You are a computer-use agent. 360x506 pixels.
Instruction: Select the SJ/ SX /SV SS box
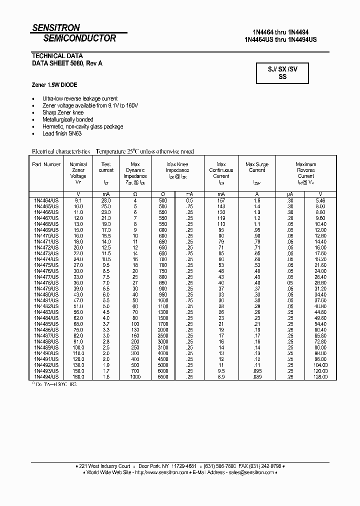tap(282, 73)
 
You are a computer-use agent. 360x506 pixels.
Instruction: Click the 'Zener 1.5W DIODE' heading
tap(54, 85)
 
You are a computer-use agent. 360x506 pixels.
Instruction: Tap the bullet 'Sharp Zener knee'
tap(63, 113)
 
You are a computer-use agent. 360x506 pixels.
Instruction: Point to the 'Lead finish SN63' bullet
tap(62, 134)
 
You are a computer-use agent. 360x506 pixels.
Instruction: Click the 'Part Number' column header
tap(46, 164)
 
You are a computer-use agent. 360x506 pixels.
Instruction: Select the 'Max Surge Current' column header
tap(257, 167)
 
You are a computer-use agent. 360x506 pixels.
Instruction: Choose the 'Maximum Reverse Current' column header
tap(305, 170)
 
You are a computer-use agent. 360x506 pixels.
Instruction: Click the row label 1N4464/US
tap(46, 200)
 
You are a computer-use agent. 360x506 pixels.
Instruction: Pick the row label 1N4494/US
tap(46, 376)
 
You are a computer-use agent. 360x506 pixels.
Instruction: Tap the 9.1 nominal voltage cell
tap(78, 200)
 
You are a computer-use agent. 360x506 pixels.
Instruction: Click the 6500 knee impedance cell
tap(163, 376)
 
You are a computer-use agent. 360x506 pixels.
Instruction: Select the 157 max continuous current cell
tap(221, 200)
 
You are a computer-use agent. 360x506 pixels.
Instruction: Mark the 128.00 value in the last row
tap(320, 376)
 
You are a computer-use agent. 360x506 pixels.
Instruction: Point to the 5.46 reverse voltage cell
tap(320, 200)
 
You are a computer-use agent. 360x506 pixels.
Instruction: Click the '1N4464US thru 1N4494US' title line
tap(280, 39)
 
